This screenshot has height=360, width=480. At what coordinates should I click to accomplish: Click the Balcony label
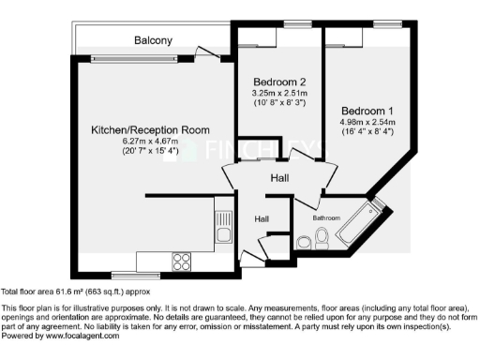click(x=153, y=40)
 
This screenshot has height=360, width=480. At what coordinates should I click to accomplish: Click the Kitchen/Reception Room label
click(x=151, y=129)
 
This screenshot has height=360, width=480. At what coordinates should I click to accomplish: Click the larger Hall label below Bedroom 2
click(x=279, y=177)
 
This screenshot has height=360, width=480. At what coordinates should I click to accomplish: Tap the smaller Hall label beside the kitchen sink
click(x=264, y=218)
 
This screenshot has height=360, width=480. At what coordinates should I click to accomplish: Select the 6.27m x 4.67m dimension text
click(x=151, y=141)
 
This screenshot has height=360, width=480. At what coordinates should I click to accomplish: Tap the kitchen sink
click(x=224, y=227)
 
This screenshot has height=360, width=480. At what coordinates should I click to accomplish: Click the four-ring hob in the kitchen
click(x=180, y=261)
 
